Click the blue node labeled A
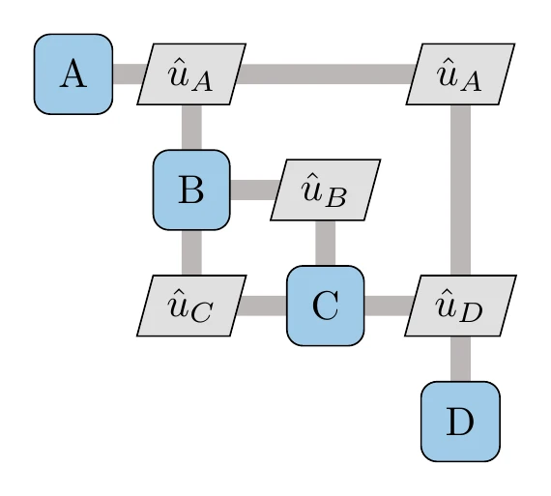[x=73, y=73]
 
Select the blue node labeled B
[x=191, y=190]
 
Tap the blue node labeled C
[x=326, y=306]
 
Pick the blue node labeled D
[x=460, y=421]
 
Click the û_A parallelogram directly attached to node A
[x=191, y=74]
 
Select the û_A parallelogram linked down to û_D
[x=460, y=74]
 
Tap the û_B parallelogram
[x=325, y=190]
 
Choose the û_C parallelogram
[x=191, y=306]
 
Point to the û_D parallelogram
[x=460, y=306]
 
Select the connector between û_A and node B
[x=191, y=127]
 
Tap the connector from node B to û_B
[x=254, y=190]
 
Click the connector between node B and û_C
[x=191, y=253]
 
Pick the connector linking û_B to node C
[x=325, y=243]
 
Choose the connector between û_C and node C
[x=262, y=306]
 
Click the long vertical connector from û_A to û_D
[x=460, y=189]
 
